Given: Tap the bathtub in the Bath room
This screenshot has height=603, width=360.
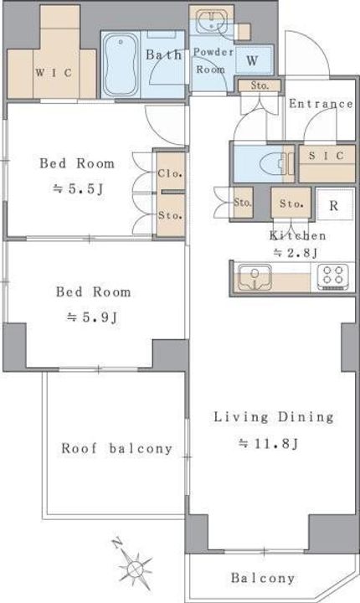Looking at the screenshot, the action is pyautogui.click(x=121, y=64).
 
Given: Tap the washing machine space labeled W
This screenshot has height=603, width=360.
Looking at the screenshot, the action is pyautogui.click(x=253, y=59).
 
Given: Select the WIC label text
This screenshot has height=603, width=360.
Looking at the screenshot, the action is pyautogui.click(x=54, y=72).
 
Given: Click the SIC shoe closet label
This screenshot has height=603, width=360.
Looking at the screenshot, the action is pyautogui.click(x=327, y=155).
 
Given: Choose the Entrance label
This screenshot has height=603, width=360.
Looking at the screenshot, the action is pyautogui.click(x=321, y=104).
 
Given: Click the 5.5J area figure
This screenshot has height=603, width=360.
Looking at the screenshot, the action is pyautogui.click(x=79, y=188).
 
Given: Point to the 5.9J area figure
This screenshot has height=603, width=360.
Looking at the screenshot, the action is pyautogui.click(x=91, y=317).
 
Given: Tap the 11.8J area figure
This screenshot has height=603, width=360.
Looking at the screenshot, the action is pyautogui.click(x=269, y=443).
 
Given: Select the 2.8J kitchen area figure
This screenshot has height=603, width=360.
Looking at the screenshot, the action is pyautogui.click(x=296, y=253).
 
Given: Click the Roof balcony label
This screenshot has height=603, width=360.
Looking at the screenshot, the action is pyautogui.click(x=117, y=448).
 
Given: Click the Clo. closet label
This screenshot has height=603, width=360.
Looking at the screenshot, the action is pyautogui.click(x=170, y=173).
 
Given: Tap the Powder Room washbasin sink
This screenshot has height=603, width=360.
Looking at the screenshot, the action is pyautogui.click(x=210, y=21).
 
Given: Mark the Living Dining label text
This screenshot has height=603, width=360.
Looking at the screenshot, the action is pyautogui.click(x=274, y=417).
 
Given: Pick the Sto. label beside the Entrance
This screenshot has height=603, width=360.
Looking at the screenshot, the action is pyautogui.click(x=260, y=85).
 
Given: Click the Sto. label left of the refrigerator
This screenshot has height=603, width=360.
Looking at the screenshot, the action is pyautogui.click(x=291, y=203).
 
